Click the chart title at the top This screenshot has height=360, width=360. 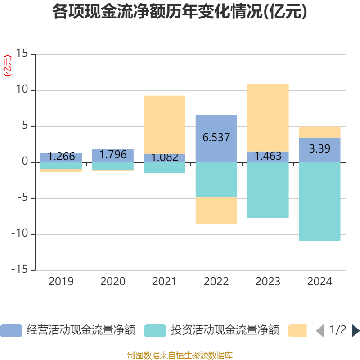pyautogui.click(x=180, y=12)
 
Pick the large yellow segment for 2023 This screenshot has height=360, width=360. pyautogui.click(x=268, y=117)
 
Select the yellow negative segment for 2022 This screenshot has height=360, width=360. pyautogui.click(x=216, y=211)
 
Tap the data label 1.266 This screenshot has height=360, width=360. pyautogui.click(x=61, y=157)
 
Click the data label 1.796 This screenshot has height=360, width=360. pyautogui.click(x=113, y=155)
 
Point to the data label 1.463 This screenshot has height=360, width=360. pyautogui.click(x=268, y=156)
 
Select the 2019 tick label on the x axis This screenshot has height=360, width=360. pyautogui.click(x=61, y=282)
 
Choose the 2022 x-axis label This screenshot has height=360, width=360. pyautogui.click(x=216, y=282)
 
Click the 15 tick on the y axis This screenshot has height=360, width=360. pyautogui.click(x=22, y=54)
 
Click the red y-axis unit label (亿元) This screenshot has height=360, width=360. pyautogui.click(x=8, y=66)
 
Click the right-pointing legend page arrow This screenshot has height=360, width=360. pyautogui.click(x=355, y=331)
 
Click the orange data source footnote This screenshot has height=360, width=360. pyautogui.click(x=180, y=355)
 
